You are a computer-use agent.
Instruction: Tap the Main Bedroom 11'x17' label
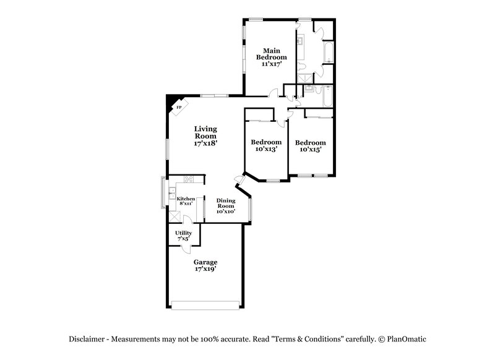270,57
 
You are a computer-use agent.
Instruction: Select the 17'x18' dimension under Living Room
205,143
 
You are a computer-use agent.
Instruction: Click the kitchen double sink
171,192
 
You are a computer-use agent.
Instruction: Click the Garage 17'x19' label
205,265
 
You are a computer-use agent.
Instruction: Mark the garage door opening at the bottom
205,304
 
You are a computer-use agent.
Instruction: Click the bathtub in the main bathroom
328,54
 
